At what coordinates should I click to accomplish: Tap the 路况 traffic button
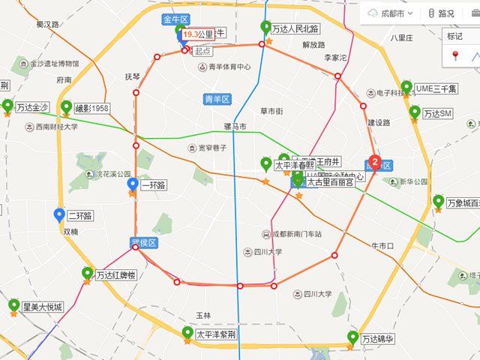point(442,13)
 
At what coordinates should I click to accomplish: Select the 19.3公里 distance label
point(199,34)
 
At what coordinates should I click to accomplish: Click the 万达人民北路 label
point(295,29)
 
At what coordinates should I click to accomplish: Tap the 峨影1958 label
point(91,109)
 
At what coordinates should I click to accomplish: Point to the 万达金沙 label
point(31,108)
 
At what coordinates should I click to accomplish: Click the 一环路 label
point(152,186)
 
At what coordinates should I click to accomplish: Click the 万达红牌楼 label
point(115,275)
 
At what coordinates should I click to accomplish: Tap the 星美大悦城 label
point(42,307)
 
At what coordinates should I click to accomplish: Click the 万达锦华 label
point(377,340)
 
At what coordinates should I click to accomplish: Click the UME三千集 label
point(436,88)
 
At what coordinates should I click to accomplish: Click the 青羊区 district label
point(218,99)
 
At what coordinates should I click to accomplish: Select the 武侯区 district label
point(142,242)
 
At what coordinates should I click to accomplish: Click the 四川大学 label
point(266,252)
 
